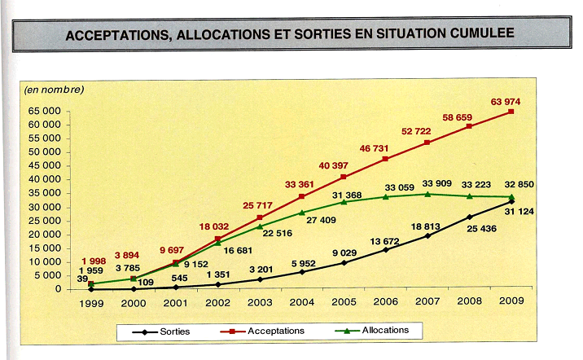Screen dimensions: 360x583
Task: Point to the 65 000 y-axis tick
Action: (x=42, y=109)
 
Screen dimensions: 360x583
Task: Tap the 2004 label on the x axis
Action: (x=300, y=303)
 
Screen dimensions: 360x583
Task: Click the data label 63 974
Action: (x=505, y=101)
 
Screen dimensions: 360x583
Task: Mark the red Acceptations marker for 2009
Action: (x=511, y=111)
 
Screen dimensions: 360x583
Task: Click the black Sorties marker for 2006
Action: (x=386, y=249)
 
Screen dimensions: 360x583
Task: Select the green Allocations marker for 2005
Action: (x=344, y=201)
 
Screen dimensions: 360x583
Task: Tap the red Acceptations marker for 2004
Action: (x=301, y=196)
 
